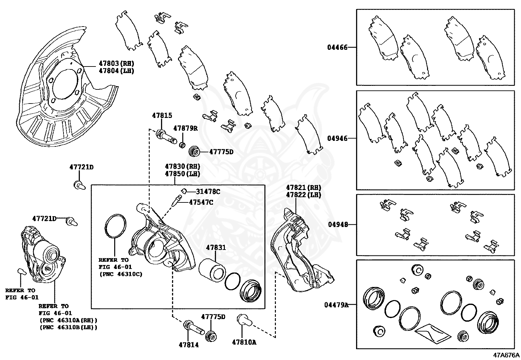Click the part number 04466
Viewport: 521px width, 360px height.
[x=337, y=47]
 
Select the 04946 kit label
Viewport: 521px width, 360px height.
[x=337, y=138]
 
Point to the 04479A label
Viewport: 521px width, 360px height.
[x=336, y=305]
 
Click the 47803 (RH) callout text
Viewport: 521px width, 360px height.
[x=117, y=64]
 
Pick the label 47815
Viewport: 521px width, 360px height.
[x=162, y=116]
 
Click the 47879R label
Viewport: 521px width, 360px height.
[x=185, y=128]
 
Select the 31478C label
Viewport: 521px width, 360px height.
[x=208, y=192]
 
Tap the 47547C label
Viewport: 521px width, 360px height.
[x=201, y=202]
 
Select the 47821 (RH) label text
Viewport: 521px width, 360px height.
[x=303, y=188]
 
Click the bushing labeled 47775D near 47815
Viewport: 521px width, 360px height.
[x=195, y=151]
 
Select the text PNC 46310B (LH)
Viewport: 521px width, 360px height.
[x=68, y=327]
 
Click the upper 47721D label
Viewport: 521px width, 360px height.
[x=81, y=167]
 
